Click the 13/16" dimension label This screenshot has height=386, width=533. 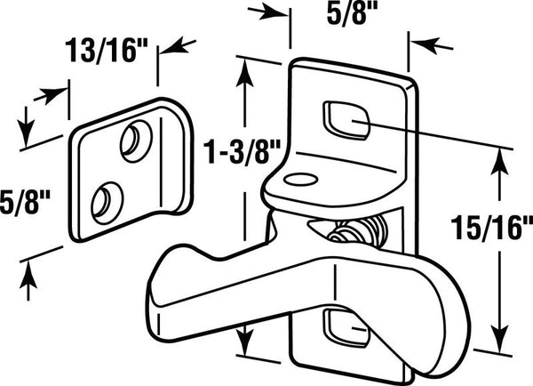[107, 51]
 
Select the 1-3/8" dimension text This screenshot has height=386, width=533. [242, 152]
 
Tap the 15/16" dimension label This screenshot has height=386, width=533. [491, 228]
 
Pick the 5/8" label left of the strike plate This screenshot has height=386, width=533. [25, 203]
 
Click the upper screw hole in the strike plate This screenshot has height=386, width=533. [136, 141]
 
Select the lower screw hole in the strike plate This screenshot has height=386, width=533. [107, 203]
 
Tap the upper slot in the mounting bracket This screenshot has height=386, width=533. [346, 120]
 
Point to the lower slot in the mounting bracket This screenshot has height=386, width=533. [346, 327]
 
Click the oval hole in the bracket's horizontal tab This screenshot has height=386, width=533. [301, 180]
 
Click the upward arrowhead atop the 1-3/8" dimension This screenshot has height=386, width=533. [244, 76]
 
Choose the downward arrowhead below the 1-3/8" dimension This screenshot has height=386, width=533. [244, 339]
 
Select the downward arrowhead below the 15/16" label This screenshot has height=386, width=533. [499, 337]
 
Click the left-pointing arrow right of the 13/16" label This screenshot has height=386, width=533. [179, 46]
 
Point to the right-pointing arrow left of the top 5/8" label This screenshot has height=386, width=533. [268, 12]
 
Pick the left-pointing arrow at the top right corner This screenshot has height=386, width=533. [431, 45]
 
